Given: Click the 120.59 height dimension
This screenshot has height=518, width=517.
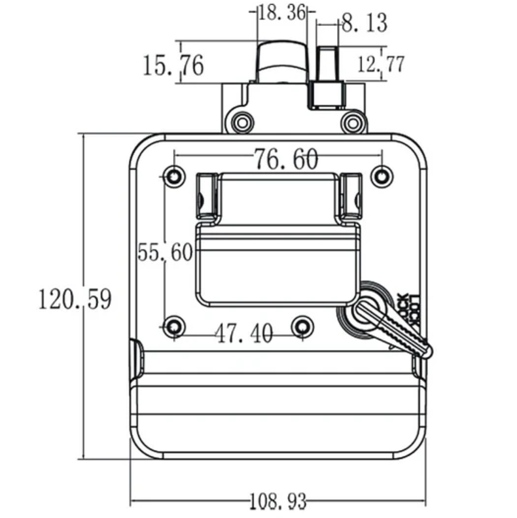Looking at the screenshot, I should [x=75, y=300].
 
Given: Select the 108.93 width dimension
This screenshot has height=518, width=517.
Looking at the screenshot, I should [x=278, y=502].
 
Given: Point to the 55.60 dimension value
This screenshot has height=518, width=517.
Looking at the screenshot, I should [x=165, y=252].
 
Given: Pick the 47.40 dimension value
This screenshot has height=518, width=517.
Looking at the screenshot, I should [x=244, y=334].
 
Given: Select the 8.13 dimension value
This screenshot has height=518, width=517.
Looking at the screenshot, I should [x=365, y=24].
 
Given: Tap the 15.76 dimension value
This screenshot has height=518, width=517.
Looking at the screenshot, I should [x=173, y=65].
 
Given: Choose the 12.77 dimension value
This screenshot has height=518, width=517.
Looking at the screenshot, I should [x=381, y=64].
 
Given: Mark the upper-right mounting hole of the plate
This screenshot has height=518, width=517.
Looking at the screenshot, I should [x=382, y=176].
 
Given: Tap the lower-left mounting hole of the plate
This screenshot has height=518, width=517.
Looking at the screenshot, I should [x=173, y=326].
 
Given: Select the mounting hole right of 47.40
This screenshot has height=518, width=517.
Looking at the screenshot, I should [x=302, y=326].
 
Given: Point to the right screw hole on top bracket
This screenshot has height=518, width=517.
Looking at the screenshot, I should [x=353, y=122].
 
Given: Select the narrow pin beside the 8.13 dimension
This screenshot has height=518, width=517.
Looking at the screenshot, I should [x=327, y=65].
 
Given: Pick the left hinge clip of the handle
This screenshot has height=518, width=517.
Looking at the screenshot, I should [x=205, y=195].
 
